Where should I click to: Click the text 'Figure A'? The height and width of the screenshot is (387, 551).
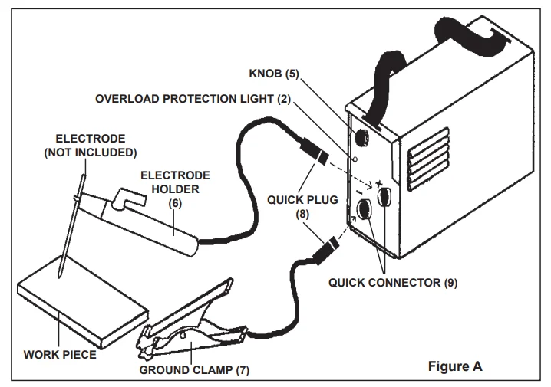coord(454,366)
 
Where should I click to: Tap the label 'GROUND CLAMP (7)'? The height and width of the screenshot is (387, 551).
coord(193,370)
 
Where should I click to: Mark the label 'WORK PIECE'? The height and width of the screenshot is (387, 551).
coord(58,356)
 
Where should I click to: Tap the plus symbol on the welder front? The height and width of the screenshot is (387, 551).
coord(378,184)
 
